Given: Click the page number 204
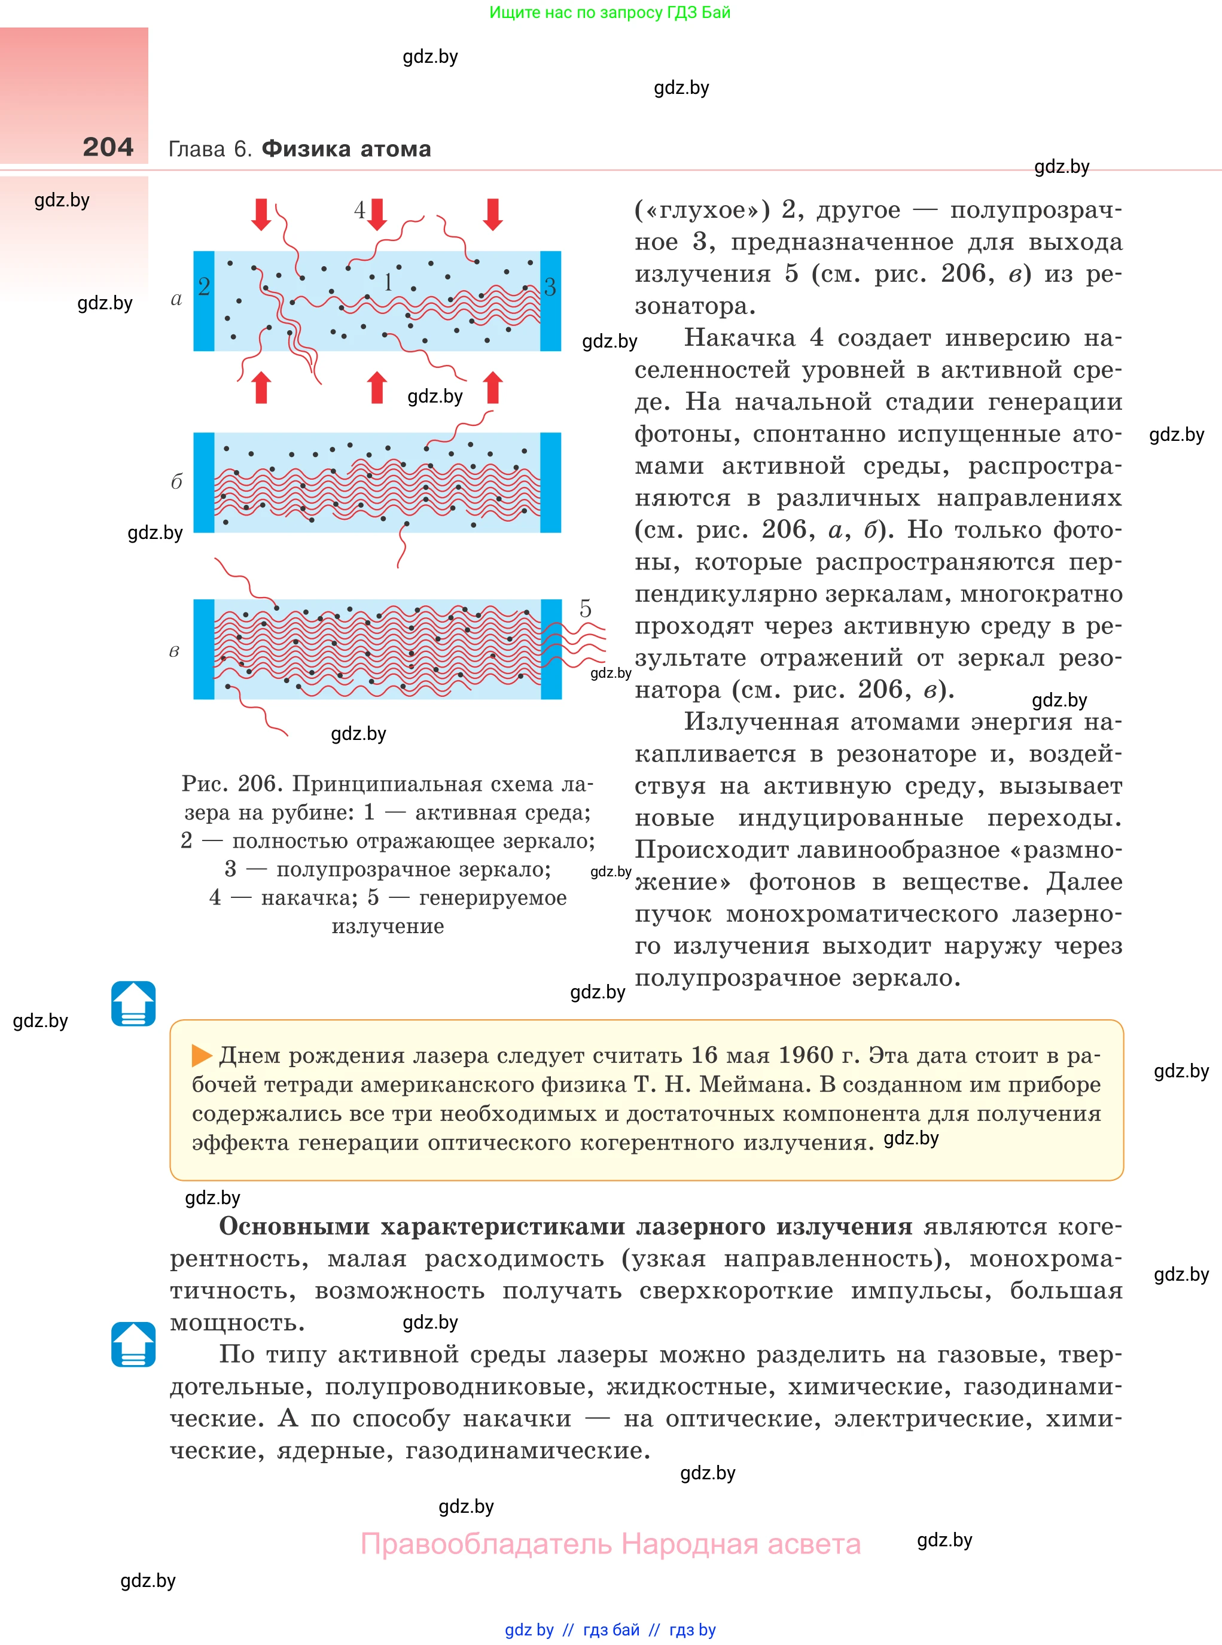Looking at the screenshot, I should click(x=108, y=147).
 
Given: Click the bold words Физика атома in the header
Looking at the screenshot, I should click(x=346, y=149).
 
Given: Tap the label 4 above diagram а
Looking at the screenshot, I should click(x=360, y=210).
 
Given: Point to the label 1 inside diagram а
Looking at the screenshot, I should click(x=388, y=282).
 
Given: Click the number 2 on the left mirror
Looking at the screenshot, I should click(x=204, y=287).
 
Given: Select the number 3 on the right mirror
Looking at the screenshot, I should click(x=550, y=287).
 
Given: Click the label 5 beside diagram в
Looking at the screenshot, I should click(x=585, y=609).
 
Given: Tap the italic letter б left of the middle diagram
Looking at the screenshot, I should click(x=176, y=482).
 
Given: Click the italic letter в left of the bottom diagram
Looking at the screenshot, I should click(x=175, y=651).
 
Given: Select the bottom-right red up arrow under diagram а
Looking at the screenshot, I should click(x=493, y=387).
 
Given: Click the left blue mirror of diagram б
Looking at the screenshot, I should click(x=203, y=482).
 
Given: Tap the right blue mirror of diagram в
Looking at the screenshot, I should click(x=551, y=648).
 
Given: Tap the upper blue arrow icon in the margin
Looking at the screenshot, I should click(x=133, y=1003).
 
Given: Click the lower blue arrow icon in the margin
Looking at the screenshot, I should click(x=133, y=1344).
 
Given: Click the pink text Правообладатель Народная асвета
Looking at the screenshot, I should click(x=610, y=1544).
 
